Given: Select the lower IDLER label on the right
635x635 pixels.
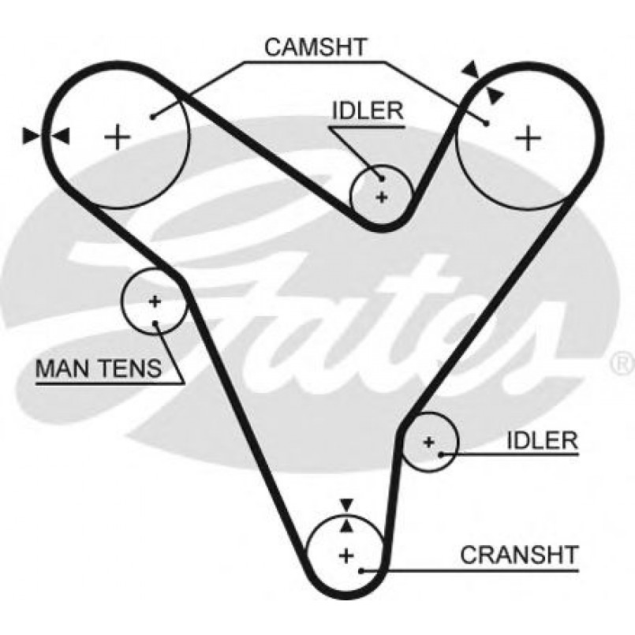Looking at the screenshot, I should [542, 440].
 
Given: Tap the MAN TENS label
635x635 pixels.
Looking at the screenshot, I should [99, 367].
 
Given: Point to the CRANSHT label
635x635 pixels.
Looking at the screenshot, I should [519, 555].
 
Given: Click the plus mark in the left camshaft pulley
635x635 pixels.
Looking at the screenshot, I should [118, 137].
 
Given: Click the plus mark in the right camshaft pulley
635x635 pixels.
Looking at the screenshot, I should [529, 139].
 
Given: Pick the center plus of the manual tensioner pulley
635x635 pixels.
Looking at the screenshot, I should [154, 301].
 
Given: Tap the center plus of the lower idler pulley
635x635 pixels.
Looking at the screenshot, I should [428, 442].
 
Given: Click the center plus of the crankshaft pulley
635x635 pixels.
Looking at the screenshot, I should [346, 555].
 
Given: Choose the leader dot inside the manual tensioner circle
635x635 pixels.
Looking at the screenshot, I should [157, 323].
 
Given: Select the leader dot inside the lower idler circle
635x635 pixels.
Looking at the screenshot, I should [442, 454].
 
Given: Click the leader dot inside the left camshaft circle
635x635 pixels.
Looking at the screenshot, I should [151, 118].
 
